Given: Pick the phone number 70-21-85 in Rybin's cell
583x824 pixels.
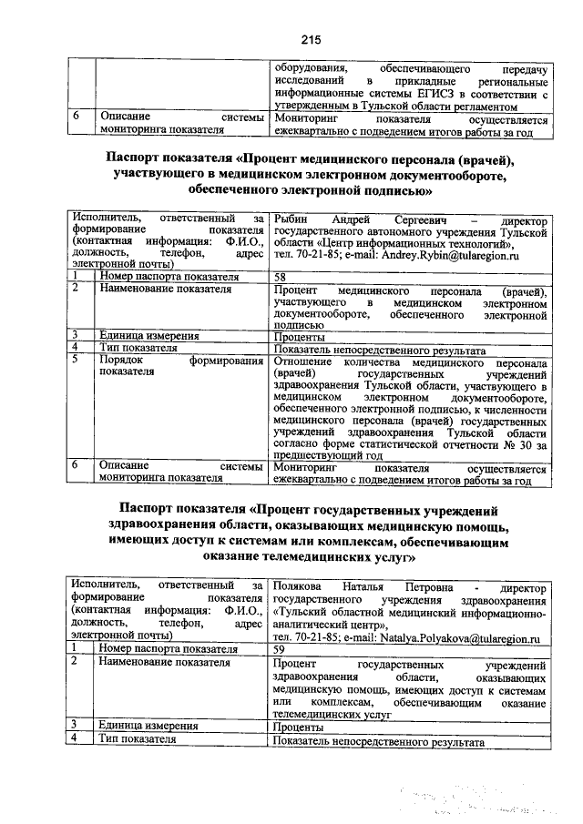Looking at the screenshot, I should click(312, 259).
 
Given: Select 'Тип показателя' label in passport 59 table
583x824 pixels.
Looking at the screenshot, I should click(137, 739).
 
